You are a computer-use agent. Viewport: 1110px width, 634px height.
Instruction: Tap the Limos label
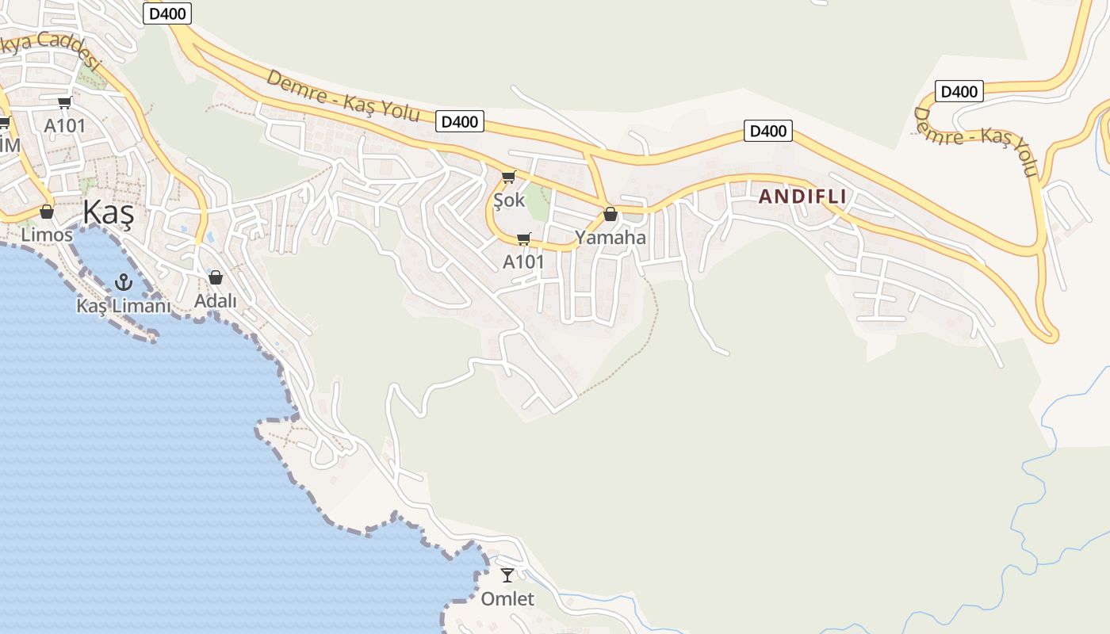47,235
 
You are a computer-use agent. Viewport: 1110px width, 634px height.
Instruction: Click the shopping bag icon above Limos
47,212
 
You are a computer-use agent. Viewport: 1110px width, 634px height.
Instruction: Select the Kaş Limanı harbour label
123,305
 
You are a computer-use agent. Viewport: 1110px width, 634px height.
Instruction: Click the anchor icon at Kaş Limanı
123,281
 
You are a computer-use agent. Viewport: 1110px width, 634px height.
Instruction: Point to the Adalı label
216,300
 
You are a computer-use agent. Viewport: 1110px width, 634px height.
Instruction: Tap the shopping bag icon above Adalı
216,277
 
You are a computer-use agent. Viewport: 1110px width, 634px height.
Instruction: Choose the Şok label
509,200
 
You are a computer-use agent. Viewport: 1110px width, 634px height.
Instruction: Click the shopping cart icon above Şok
508,177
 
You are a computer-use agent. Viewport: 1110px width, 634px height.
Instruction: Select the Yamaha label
610,237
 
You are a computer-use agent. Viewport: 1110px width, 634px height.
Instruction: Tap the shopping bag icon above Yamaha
610,214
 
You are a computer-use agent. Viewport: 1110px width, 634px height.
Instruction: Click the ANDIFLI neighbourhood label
802,197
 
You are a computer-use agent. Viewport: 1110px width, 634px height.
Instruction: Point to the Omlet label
507,598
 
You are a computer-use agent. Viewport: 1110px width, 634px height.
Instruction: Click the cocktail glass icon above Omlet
507,575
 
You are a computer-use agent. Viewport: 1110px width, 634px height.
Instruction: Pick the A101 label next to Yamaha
524,261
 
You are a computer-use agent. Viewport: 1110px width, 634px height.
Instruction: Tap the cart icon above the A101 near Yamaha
523,239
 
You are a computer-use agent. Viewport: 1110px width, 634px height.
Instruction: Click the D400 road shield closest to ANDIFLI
767,131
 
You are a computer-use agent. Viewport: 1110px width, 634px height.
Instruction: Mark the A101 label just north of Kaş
64,125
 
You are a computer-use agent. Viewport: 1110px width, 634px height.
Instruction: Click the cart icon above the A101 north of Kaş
64,102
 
